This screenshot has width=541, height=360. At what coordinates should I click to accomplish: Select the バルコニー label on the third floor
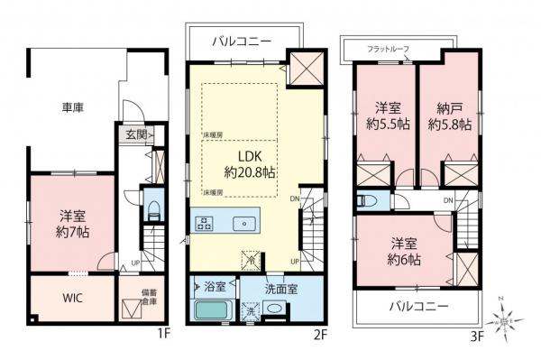[417, 308]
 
